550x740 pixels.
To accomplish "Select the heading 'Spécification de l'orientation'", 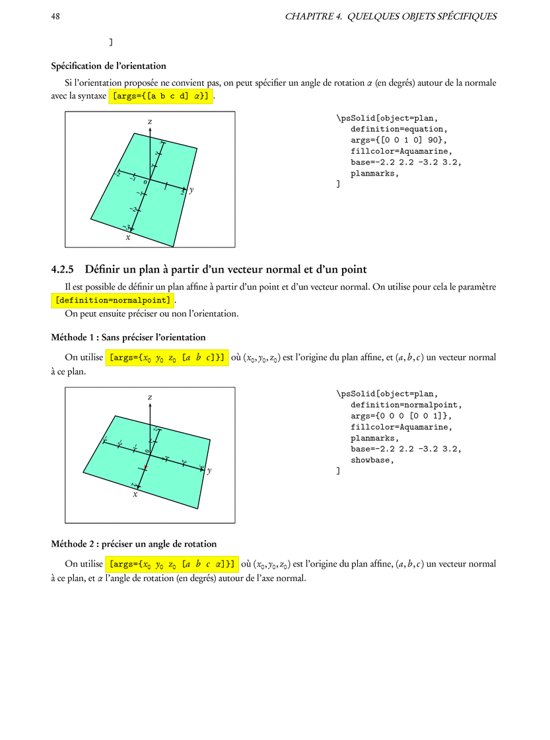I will point(108,66).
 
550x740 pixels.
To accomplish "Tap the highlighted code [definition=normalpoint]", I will point(114,300).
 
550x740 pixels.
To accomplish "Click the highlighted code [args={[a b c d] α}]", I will point(161,96).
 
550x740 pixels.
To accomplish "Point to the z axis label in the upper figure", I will point(150,122).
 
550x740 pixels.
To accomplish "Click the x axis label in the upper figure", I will point(128,236).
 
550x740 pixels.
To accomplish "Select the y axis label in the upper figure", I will point(191,190).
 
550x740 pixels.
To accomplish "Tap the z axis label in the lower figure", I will point(150,397).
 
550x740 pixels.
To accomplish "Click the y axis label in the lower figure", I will point(209,471).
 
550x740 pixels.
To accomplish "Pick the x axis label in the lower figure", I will point(135,494).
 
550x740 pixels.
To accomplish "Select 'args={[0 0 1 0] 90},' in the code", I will point(399,141).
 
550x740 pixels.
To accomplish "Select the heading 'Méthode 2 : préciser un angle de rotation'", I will point(133,544).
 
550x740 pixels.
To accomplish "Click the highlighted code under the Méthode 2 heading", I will point(172,564).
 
